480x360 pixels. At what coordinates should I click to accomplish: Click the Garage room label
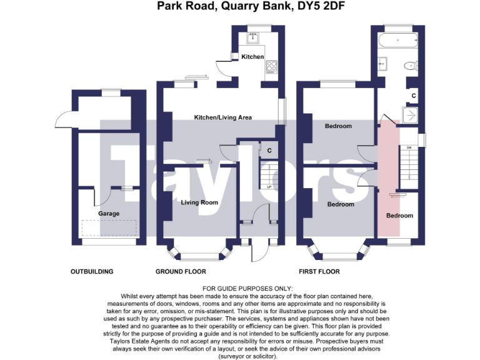pyautogui.click(x=109, y=214)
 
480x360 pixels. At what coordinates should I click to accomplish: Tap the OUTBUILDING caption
pyautogui.click(x=92, y=272)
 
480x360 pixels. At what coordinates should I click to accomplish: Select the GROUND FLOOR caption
pyautogui.click(x=181, y=272)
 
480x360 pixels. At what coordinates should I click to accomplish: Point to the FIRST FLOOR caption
pyautogui.click(x=319, y=272)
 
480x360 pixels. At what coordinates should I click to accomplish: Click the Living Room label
pyautogui.click(x=199, y=202)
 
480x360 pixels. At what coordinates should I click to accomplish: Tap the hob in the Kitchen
pyautogui.click(x=272, y=66)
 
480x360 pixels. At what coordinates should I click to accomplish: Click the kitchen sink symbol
pyautogui.click(x=253, y=37)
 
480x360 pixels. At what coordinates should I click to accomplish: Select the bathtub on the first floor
pyautogui.click(x=397, y=42)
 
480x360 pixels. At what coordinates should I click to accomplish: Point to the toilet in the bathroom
pyautogui.click(x=409, y=65)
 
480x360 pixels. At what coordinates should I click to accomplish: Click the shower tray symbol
pyautogui.click(x=410, y=114)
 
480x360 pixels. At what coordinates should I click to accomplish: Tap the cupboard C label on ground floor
pyautogui.click(x=269, y=151)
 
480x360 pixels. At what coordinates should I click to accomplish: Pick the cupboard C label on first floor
pyautogui.click(x=413, y=95)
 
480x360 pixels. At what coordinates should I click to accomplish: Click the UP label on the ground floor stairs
pyautogui.click(x=269, y=187)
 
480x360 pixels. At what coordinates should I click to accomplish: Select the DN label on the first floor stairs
pyautogui.click(x=409, y=147)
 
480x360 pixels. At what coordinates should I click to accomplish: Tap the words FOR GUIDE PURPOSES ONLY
pyautogui.click(x=239, y=287)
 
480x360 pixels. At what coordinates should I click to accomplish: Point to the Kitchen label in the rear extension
pyautogui.click(x=252, y=57)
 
